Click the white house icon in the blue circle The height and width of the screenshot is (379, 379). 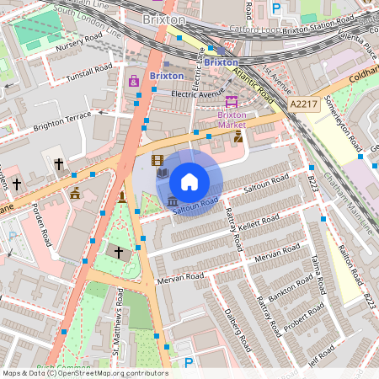[189, 181]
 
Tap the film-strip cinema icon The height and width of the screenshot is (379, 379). [157, 159]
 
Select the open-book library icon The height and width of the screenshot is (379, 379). [163, 174]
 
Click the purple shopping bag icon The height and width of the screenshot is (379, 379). [133, 82]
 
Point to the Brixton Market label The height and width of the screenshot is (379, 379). [232, 120]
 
